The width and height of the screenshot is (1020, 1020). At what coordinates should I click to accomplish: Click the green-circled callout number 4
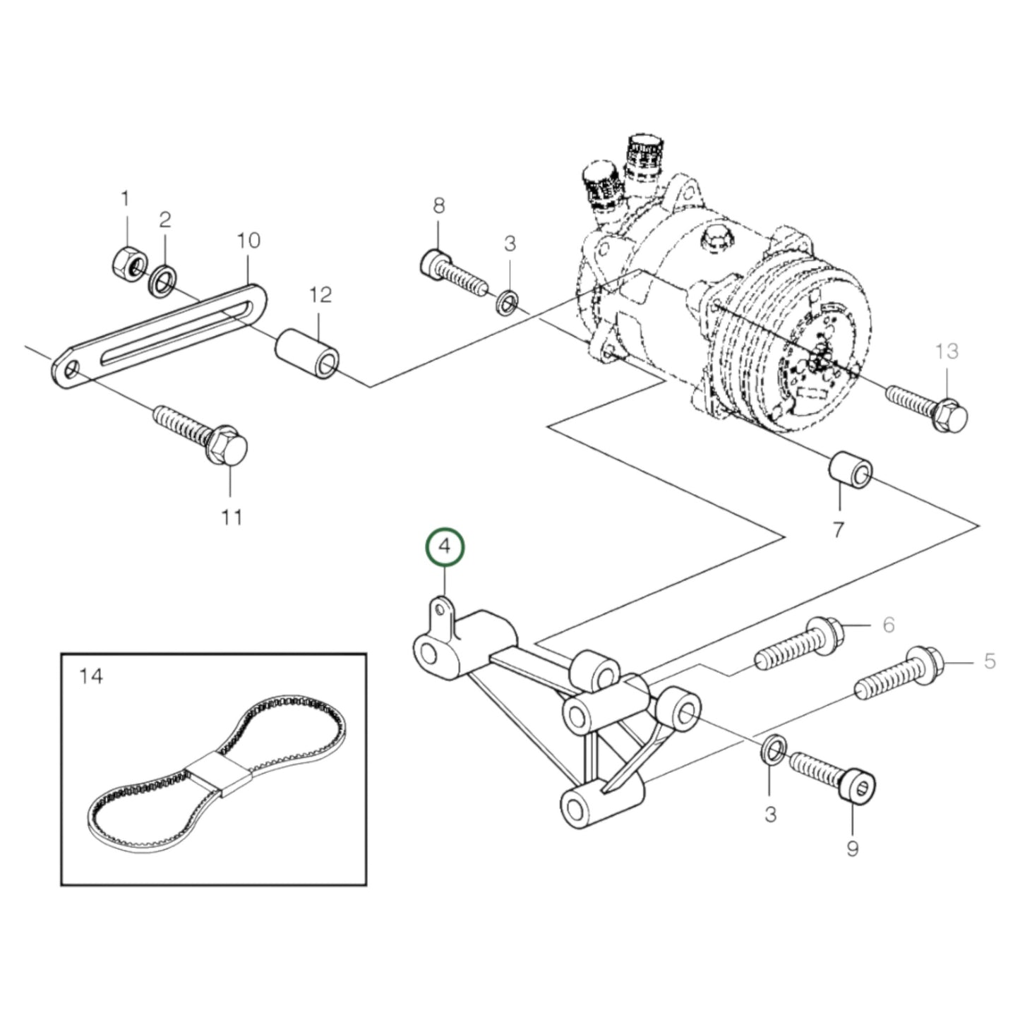(444, 546)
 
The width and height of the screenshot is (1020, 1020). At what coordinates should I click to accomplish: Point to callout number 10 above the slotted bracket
(248, 241)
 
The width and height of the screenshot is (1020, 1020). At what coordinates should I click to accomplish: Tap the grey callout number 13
(947, 351)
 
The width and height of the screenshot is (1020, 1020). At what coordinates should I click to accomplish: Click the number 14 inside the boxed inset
(92, 676)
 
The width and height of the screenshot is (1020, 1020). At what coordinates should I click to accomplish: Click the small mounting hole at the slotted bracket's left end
(70, 371)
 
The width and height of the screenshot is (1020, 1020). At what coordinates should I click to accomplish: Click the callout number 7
(839, 529)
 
